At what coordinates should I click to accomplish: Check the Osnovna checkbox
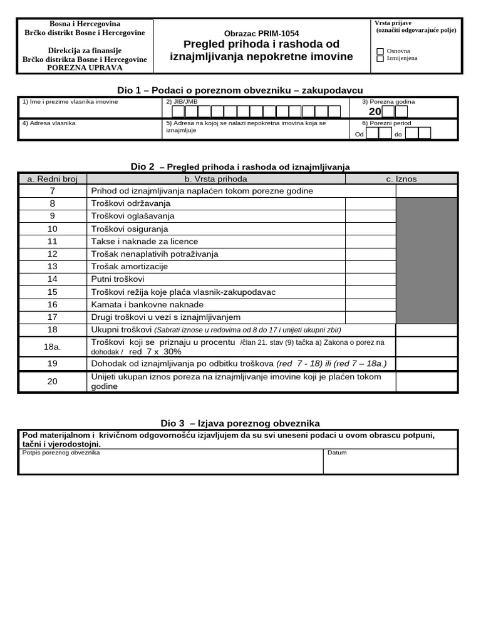click(x=380, y=51)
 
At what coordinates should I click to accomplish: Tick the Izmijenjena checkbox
click(x=380, y=59)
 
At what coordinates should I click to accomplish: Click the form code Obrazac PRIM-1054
click(x=261, y=33)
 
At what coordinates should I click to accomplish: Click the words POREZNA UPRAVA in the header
click(x=85, y=68)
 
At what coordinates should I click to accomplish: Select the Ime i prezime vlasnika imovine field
click(x=90, y=111)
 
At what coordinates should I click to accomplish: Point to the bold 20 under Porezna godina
click(x=375, y=111)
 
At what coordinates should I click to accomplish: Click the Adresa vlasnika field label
click(x=49, y=123)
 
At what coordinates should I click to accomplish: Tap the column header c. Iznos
click(x=401, y=179)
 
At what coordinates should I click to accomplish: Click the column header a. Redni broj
click(x=53, y=179)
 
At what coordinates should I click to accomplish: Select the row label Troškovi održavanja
click(x=131, y=203)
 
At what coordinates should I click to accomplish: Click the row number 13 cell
click(x=53, y=267)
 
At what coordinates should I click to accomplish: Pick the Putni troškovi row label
click(x=118, y=279)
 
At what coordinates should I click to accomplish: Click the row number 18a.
click(x=53, y=346)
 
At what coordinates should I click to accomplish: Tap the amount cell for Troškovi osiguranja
click(x=370, y=229)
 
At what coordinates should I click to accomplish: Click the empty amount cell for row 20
click(x=426, y=382)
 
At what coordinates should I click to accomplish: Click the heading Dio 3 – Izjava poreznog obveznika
click(x=240, y=424)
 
